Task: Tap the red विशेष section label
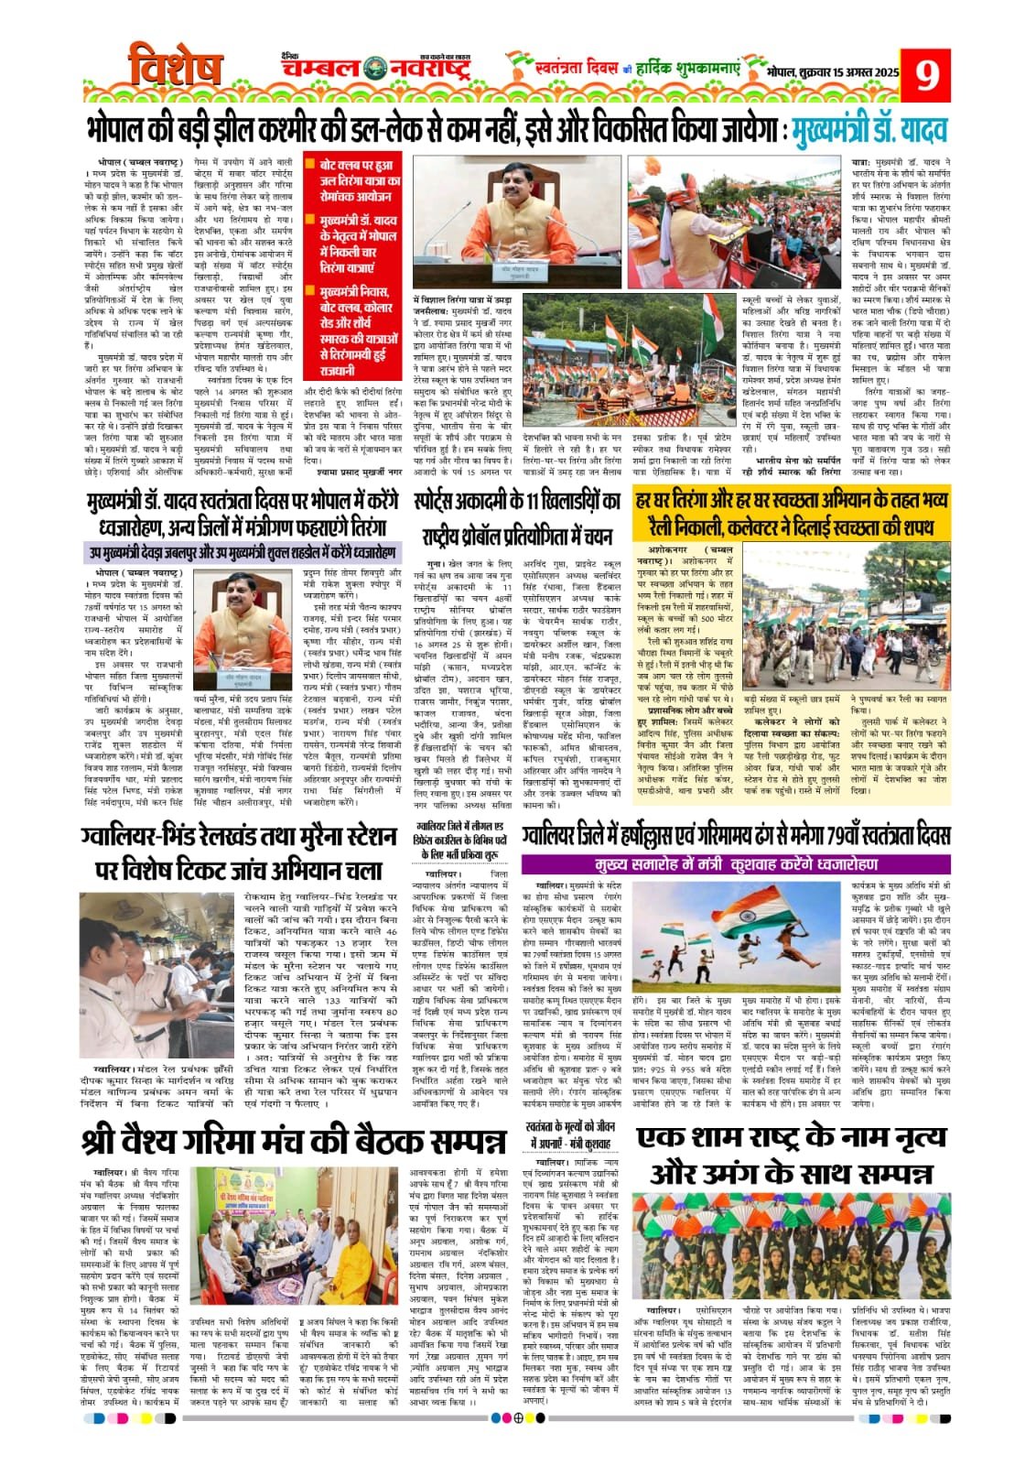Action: pyautogui.click(x=175, y=70)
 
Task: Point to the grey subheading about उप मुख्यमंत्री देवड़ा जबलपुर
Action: pyautogui.click(x=242, y=553)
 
